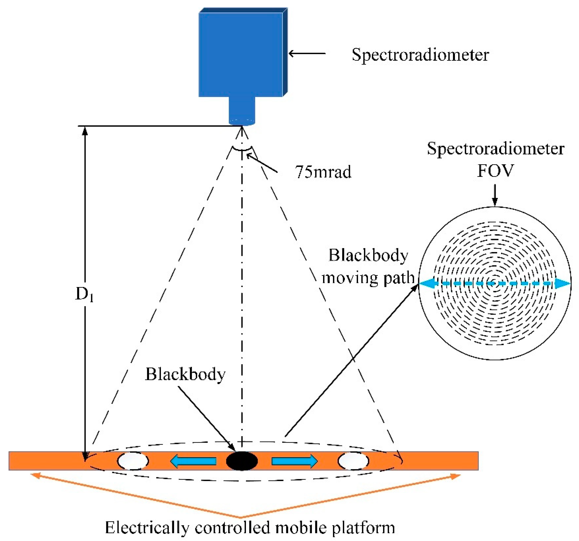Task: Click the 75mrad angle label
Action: click(323, 172)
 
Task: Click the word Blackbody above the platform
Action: click(185, 374)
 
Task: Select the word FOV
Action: click(495, 171)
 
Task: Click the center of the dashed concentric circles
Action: click(494, 283)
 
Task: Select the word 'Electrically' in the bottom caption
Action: click(147, 528)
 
